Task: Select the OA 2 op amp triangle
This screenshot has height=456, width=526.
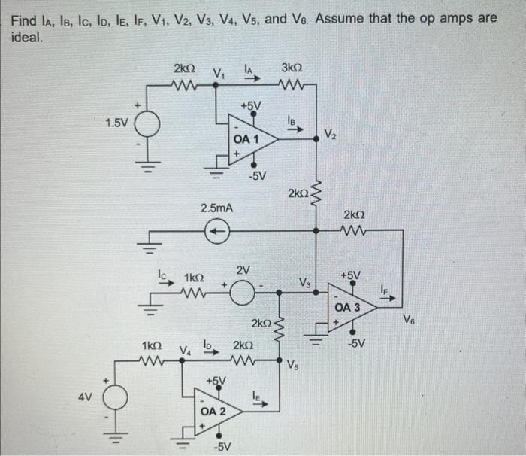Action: click(214, 411)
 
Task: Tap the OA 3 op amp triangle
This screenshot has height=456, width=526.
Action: click(349, 308)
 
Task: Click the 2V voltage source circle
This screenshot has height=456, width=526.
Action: click(241, 290)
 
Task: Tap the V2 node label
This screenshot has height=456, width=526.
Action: click(331, 135)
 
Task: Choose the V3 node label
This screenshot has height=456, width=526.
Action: click(304, 282)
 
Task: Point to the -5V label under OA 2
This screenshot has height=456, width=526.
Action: click(222, 448)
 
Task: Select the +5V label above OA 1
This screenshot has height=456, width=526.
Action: click(251, 105)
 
